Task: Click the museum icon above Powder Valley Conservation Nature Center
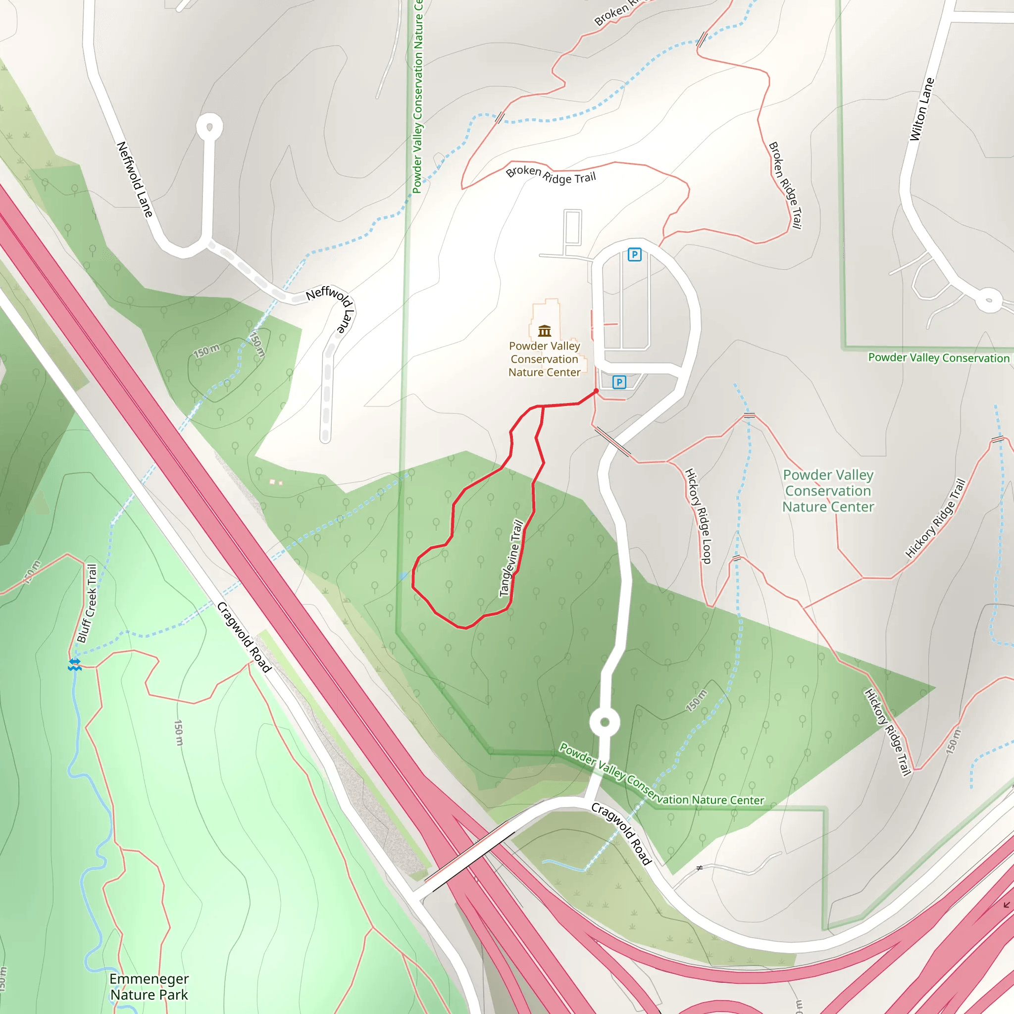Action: point(544,331)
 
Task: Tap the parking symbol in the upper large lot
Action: point(635,255)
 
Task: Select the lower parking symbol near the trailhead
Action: point(619,382)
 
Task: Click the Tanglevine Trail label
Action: point(511,558)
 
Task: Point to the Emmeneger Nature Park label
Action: point(149,987)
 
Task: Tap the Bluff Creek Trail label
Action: point(87,604)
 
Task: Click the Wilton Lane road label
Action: point(921,109)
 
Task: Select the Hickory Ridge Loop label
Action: point(699,516)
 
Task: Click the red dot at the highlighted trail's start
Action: point(596,391)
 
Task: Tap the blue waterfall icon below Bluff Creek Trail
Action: point(75,664)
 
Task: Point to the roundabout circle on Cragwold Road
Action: point(605,723)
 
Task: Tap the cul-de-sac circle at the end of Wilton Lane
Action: point(989,300)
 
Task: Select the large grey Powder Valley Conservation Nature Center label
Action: point(828,491)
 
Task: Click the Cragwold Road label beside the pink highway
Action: point(244,637)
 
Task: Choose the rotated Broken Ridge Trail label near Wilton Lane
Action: point(785,185)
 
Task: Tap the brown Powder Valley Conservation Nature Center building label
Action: point(544,359)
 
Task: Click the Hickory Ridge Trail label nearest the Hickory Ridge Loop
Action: point(935,518)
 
